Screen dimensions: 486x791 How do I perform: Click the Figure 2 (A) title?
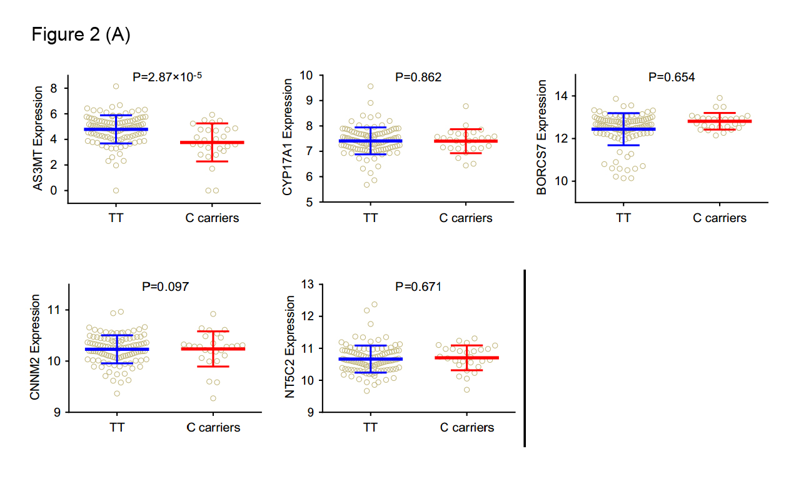(81, 36)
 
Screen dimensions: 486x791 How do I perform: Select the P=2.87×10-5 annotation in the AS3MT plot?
(168, 77)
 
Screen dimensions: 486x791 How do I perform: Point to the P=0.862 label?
(418, 78)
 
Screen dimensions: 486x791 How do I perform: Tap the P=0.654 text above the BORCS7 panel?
(672, 78)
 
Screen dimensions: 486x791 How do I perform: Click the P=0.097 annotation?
(166, 286)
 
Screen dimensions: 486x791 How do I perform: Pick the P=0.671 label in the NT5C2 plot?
(418, 287)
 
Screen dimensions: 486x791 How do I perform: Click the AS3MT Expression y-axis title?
(38, 138)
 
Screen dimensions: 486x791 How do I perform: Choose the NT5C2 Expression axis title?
(290, 348)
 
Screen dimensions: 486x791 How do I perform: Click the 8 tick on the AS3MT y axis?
(54, 89)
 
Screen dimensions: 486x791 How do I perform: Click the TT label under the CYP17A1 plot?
(370, 218)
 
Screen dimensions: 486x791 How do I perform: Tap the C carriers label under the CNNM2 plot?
(213, 428)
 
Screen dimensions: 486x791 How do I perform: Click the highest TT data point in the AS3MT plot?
(116, 86)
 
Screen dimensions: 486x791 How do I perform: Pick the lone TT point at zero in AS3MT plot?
(116, 190)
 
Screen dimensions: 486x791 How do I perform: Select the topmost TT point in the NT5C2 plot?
(375, 305)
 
